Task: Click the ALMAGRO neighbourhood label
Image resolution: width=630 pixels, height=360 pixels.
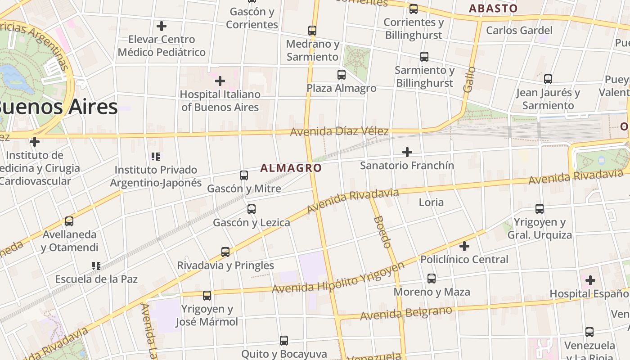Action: click(291, 168)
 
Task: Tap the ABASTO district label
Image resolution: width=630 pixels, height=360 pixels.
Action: click(493, 8)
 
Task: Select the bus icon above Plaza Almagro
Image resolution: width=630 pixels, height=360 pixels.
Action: click(342, 75)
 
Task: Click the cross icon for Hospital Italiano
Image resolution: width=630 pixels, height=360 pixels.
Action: click(220, 81)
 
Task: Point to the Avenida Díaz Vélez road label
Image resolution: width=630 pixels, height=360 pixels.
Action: click(339, 131)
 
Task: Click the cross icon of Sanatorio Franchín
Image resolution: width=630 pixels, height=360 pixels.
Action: click(407, 152)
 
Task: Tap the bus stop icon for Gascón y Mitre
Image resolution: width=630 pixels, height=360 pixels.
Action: click(244, 175)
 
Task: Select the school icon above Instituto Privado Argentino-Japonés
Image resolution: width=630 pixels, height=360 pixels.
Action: click(156, 157)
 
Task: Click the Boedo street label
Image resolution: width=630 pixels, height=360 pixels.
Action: click(382, 232)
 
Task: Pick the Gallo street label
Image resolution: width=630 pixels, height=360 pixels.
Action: click(469, 80)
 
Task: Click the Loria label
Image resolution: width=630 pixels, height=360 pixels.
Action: click(431, 202)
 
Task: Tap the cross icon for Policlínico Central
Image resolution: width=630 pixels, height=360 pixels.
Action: click(464, 246)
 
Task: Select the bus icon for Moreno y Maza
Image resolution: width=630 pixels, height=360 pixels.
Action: click(432, 279)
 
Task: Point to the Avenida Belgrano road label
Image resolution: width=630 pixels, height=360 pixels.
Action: click(406, 313)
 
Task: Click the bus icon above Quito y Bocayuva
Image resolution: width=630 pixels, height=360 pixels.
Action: click(284, 341)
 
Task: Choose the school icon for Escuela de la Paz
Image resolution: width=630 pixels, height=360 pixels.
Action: click(96, 265)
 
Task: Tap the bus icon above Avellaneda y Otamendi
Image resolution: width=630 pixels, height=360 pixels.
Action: click(69, 221)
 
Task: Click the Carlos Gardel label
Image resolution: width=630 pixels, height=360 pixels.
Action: click(519, 31)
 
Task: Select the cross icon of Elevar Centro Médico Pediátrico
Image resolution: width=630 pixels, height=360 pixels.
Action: click(162, 26)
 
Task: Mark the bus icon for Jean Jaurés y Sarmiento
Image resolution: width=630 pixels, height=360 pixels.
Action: click(548, 79)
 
